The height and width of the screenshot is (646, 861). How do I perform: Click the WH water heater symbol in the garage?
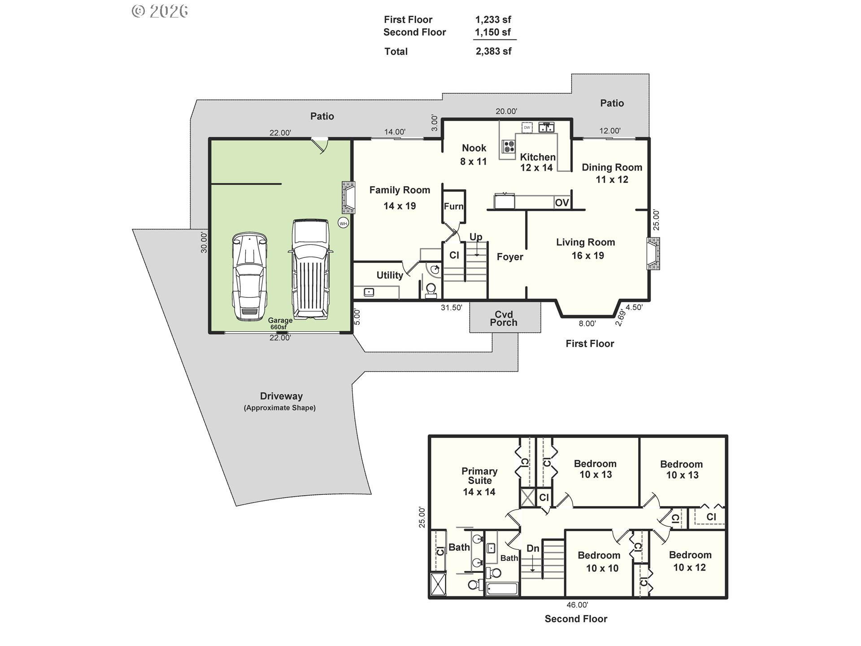[x=343, y=223]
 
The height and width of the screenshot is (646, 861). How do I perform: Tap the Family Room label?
[x=400, y=190]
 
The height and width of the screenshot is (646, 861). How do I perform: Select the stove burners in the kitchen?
[x=509, y=146]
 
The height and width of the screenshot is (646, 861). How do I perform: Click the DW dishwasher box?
[x=527, y=127]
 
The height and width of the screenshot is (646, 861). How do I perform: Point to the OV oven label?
[x=562, y=203]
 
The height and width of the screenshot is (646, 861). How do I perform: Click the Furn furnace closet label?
[x=453, y=206]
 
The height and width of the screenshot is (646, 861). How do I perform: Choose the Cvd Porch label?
[x=504, y=319]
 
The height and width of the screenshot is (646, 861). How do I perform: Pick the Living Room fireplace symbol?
[x=653, y=254]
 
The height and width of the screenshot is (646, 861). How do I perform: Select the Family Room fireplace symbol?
[x=348, y=197]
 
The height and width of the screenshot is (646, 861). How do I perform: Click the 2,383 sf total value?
[x=493, y=52]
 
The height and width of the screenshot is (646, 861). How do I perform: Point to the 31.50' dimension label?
[x=451, y=308]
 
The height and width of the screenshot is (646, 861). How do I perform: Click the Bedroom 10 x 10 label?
[x=599, y=562]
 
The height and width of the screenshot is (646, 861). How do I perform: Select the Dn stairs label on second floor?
[x=533, y=548]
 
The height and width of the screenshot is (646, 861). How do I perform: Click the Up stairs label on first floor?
[x=476, y=237]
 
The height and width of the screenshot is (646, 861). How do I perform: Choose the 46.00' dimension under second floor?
[x=577, y=605]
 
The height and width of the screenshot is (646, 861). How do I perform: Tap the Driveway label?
[x=281, y=397]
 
